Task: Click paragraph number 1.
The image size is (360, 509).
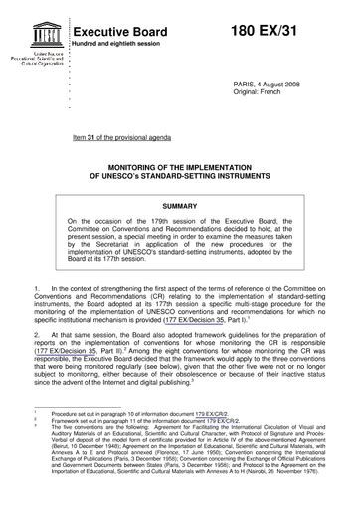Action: coord(35,287)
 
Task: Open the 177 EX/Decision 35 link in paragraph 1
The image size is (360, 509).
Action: coord(209,323)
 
